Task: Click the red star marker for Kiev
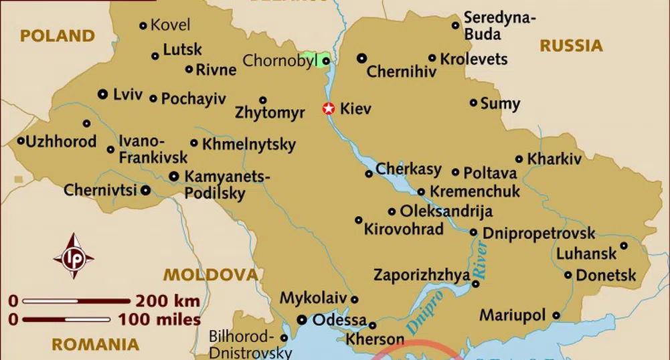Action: (x=328, y=108)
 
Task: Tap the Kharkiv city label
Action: (x=554, y=159)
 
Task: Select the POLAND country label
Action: (x=57, y=36)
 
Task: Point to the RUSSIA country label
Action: (x=572, y=46)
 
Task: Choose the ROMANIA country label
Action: (x=96, y=345)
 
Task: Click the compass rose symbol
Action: (x=73, y=256)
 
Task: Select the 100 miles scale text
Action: (x=160, y=319)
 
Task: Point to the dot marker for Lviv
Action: (x=102, y=94)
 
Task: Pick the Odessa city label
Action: (x=339, y=320)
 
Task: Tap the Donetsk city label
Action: (x=606, y=275)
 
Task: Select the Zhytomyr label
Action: (x=270, y=112)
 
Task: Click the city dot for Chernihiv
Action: (x=361, y=58)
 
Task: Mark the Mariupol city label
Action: (x=513, y=314)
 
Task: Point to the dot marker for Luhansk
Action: (x=624, y=246)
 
